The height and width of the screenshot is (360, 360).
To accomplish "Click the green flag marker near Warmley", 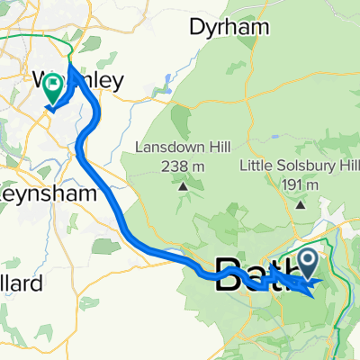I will (54, 89).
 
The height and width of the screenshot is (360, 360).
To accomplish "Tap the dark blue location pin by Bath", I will (307, 265).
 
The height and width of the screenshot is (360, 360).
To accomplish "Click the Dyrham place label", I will (229, 28).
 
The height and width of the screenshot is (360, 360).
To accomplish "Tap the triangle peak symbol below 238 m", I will (183, 187).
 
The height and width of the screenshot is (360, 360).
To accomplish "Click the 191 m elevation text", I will (301, 184).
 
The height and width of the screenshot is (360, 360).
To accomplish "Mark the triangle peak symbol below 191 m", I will (300, 204).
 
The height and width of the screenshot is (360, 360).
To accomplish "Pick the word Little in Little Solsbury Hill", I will (258, 166).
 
